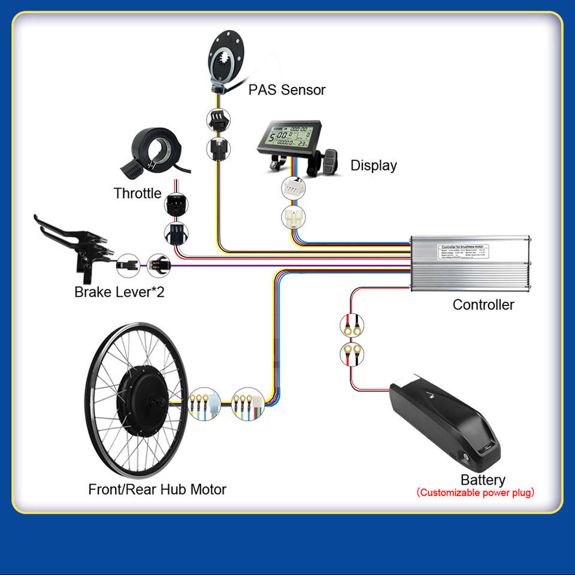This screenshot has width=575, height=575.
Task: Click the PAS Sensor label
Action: coord(287,90)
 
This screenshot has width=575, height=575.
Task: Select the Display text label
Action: coord(373,165)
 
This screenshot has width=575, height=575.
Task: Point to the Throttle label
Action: coord(137,193)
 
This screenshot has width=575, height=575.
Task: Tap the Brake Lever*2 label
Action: coord(119,292)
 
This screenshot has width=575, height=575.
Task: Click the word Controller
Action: coord(483,304)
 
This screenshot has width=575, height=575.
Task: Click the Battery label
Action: coord(482,480)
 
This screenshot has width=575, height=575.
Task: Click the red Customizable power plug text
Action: coord(475,493)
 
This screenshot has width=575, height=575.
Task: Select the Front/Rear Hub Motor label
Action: coord(157,489)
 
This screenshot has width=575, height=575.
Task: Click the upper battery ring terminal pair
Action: coord(350,325)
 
